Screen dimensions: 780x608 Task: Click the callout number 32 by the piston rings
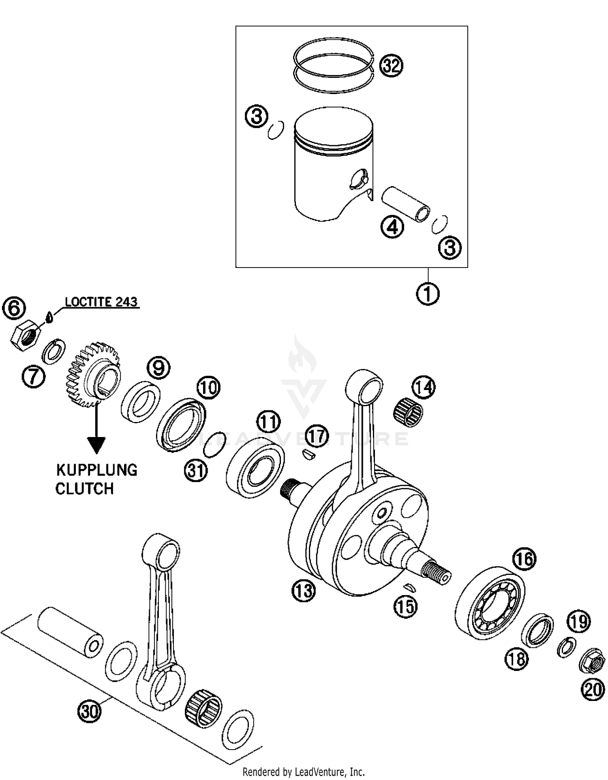391,66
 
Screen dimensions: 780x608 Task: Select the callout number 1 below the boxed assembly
428,294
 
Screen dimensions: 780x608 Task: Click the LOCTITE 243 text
101,302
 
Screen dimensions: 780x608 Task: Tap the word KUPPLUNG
97,470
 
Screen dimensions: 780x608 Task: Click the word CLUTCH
85,489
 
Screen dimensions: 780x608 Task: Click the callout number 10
208,388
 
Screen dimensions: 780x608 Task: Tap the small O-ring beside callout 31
215,444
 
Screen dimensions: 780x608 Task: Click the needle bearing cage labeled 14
408,411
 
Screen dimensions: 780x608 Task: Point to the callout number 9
158,368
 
